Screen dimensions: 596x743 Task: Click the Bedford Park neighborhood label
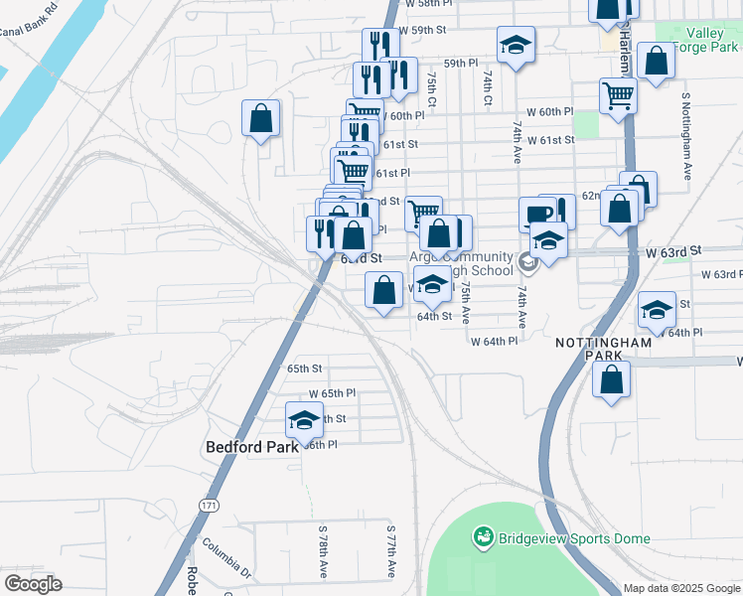(252, 447)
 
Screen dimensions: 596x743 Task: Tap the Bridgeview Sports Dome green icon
(484, 538)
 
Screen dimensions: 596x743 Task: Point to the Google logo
(33, 584)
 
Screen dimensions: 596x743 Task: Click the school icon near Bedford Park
(304, 419)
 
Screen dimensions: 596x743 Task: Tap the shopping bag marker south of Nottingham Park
(612, 378)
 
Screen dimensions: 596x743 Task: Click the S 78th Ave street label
(323, 553)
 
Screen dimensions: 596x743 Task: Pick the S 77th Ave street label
(391, 553)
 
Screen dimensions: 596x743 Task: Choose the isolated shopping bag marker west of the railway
(260, 118)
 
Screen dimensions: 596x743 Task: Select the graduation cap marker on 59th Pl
(515, 45)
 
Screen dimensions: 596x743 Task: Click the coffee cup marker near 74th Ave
(537, 214)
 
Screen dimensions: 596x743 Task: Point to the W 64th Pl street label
(494, 341)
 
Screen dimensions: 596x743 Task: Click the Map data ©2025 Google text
(681, 588)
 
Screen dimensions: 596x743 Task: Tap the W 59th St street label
(423, 31)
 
